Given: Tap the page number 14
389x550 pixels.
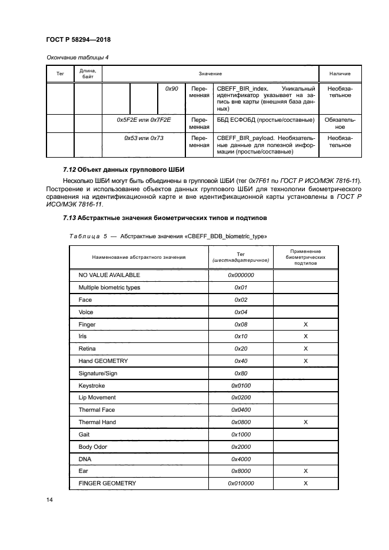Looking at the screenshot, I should click(49, 499).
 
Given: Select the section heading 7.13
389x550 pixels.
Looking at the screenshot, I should click(165, 218).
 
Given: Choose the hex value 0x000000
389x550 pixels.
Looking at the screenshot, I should click(240, 275).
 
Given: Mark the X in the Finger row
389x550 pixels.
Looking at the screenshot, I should click(305, 324).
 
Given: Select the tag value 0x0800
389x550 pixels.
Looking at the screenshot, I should click(240, 422).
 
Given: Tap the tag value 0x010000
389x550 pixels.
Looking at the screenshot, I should click(240, 484).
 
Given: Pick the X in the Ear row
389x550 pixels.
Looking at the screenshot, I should click(305, 471).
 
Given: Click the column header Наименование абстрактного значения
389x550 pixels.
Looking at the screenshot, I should click(138, 256).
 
